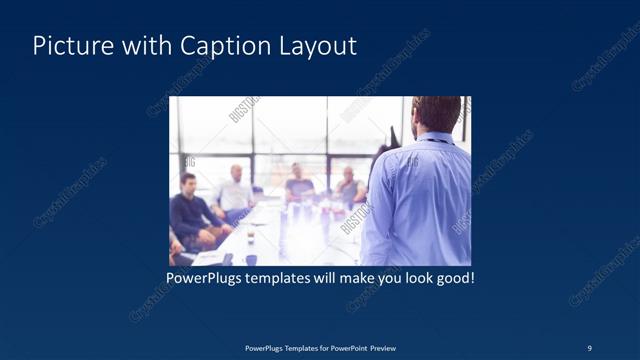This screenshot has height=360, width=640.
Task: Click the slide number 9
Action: click(x=589, y=348)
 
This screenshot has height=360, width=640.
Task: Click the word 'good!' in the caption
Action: click(x=454, y=277)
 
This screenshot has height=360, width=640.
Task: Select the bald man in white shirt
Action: click(x=234, y=191)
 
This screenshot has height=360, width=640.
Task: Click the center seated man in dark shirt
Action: click(x=298, y=184)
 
